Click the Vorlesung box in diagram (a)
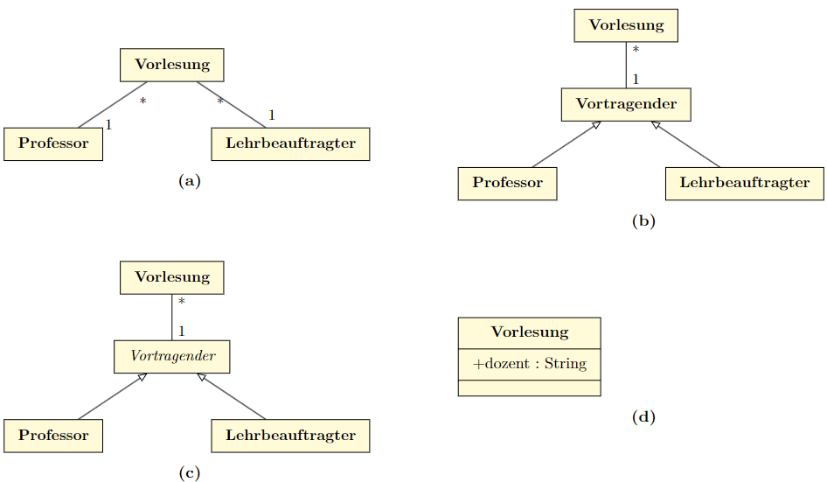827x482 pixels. [172, 64]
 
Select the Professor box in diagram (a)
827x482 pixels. [53, 143]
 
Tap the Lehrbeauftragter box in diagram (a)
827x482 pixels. [290, 143]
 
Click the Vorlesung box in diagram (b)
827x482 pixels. [626, 24]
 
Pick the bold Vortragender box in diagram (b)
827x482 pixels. [626, 104]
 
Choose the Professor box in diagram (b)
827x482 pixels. [507, 183]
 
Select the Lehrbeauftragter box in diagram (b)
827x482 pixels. [745, 183]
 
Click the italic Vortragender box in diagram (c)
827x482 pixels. [172, 356]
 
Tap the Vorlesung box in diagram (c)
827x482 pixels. [172, 277]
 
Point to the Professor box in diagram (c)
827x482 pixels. [53, 436]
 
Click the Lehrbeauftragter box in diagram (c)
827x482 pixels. [290, 436]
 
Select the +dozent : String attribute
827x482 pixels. [530, 363]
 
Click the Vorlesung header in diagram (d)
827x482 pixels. [530, 332]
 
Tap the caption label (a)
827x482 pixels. [190, 181]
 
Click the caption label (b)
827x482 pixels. [643, 220]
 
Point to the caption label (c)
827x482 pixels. [190, 473]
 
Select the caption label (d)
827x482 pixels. [643, 417]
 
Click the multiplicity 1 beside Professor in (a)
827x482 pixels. [108, 125]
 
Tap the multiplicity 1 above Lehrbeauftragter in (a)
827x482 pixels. [272, 115]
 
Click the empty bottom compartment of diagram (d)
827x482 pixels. [530, 388]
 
